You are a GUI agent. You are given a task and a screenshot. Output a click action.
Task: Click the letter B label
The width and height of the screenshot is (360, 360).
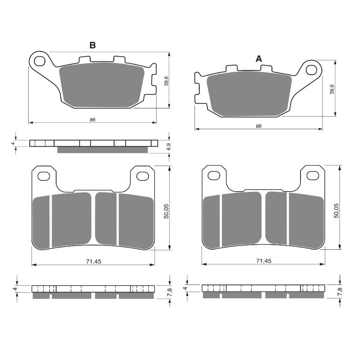pyautogui.click(x=92, y=45)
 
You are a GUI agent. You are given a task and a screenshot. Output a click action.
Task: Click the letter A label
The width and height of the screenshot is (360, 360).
pyautogui.click(x=258, y=58)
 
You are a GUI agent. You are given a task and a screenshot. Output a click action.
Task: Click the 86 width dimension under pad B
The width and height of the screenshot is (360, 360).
pyautogui.click(x=92, y=120)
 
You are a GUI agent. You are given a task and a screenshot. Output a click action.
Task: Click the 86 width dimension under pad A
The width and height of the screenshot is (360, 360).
pyautogui.click(x=258, y=126)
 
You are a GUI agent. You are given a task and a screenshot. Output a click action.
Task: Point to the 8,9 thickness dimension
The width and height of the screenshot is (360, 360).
pyautogui.click(x=168, y=146)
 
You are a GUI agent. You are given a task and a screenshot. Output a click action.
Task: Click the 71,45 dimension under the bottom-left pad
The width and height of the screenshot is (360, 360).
pyautogui.click(x=92, y=261)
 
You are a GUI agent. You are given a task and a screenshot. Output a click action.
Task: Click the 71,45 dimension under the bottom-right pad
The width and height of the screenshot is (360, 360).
pyautogui.click(x=263, y=261)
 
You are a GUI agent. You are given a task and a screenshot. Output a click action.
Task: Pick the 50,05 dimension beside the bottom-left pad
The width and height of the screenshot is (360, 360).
pyautogui.click(x=166, y=211)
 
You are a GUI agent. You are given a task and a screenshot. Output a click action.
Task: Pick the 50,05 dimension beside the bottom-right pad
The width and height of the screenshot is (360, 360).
pyautogui.click(x=336, y=211)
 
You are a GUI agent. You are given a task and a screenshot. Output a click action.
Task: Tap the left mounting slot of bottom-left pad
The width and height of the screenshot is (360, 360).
pyautogui.click(x=44, y=175)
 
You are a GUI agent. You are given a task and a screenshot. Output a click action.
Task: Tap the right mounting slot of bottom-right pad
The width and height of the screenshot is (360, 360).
pyautogui.click(x=312, y=175)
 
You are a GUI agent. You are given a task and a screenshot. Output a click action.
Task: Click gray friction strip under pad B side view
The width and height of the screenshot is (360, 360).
pyautogui.click(x=103, y=150)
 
